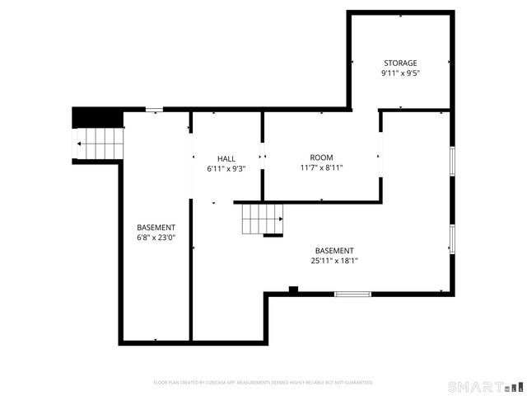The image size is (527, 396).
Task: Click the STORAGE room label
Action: (x=400, y=63)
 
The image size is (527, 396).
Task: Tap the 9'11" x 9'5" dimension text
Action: (x=400, y=73)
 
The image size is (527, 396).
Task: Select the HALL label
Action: (x=226, y=158)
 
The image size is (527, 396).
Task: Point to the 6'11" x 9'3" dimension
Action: (x=226, y=168)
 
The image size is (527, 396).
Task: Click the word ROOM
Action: (x=321, y=158)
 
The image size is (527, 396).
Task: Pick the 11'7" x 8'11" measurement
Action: (x=321, y=167)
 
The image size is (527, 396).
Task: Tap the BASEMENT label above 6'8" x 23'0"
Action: (x=156, y=227)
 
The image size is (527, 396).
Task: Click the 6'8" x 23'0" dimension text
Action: (x=156, y=238)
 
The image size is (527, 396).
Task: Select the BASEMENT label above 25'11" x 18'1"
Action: (x=334, y=251)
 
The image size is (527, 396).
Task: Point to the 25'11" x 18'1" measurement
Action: (x=334, y=261)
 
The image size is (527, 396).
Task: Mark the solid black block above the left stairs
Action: (x=97, y=118)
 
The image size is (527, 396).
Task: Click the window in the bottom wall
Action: (x=352, y=294)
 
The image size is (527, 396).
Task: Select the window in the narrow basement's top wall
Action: (x=154, y=109)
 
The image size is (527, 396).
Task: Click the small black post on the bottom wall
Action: (x=293, y=289)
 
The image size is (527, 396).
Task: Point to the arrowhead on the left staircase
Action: (x=80, y=144)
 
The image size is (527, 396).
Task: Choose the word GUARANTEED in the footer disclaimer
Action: (x=357, y=383)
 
